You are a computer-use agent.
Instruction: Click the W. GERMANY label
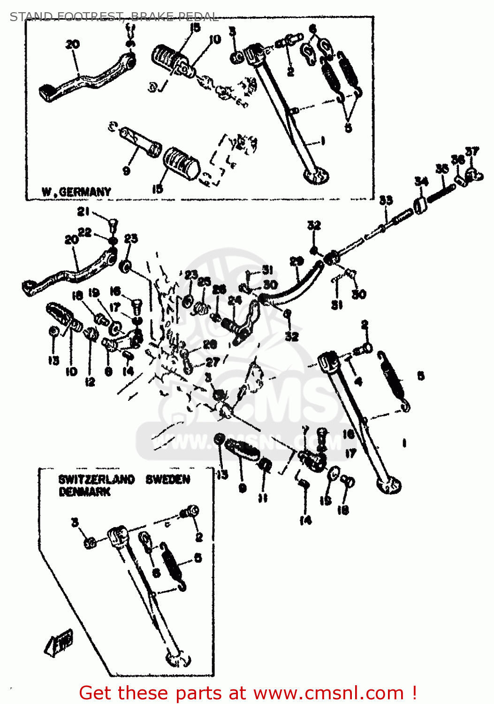pyautogui.click(x=76, y=192)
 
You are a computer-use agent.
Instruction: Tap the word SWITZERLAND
pyautogui.click(x=96, y=480)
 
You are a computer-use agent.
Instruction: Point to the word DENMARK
pyautogui.click(x=84, y=492)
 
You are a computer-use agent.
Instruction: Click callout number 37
pyautogui.click(x=472, y=151)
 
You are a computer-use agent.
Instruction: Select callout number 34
pyautogui.click(x=421, y=182)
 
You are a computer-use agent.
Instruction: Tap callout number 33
pyautogui.click(x=386, y=200)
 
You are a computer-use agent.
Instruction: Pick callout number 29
pyautogui.click(x=296, y=261)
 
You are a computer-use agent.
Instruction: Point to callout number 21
pyautogui.click(x=84, y=212)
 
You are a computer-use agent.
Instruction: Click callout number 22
pyautogui.click(x=85, y=232)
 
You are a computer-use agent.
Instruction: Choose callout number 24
pyautogui.click(x=235, y=300)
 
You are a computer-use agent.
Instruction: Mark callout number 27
pyautogui.click(x=213, y=362)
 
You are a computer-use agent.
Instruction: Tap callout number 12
pyautogui.click(x=90, y=382)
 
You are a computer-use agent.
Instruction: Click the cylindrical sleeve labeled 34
pyautogui.click(x=420, y=205)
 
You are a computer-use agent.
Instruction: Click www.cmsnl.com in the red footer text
pyautogui.click(x=328, y=693)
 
